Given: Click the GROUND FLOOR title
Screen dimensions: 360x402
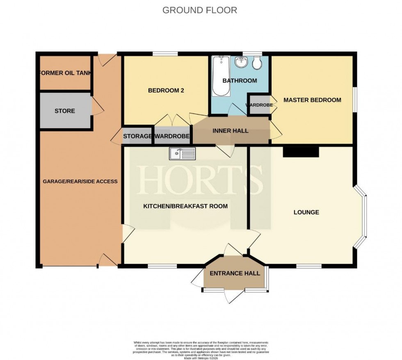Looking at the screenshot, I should pyautogui.click(x=199, y=10).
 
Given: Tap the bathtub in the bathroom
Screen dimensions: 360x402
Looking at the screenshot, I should pyautogui.click(x=219, y=76).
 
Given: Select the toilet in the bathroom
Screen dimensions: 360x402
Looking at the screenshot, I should pyautogui.click(x=257, y=63).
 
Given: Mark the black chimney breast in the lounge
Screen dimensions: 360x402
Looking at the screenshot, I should pyautogui.click(x=301, y=152).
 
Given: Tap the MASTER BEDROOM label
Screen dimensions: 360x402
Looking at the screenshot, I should pyautogui.click(x=312, y=100).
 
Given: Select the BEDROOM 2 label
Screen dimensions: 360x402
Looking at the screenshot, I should pyautogui.click(x=166, y=91).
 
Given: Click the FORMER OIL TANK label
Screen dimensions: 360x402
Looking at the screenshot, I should pyautogui.click(x=64, y=73).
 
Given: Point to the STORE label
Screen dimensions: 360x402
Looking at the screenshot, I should pyautogui.click(x=65, y=111).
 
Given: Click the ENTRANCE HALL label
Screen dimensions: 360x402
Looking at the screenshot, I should pyautogui.click(x=235, y=273).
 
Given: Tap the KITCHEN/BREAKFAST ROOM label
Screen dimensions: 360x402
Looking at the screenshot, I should pyautogui.click(x=185, y=206).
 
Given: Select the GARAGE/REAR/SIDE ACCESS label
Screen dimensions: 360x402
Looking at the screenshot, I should pyautogui.click(x=80, y=181).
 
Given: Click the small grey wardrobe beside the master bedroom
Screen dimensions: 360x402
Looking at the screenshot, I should pyautogui.click(x=259, y=105).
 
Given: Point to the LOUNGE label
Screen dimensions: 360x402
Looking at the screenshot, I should pyautogui.click(x=306, y=212).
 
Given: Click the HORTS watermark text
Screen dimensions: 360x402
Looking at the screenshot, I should pyautogui.click(x=201, y=180).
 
